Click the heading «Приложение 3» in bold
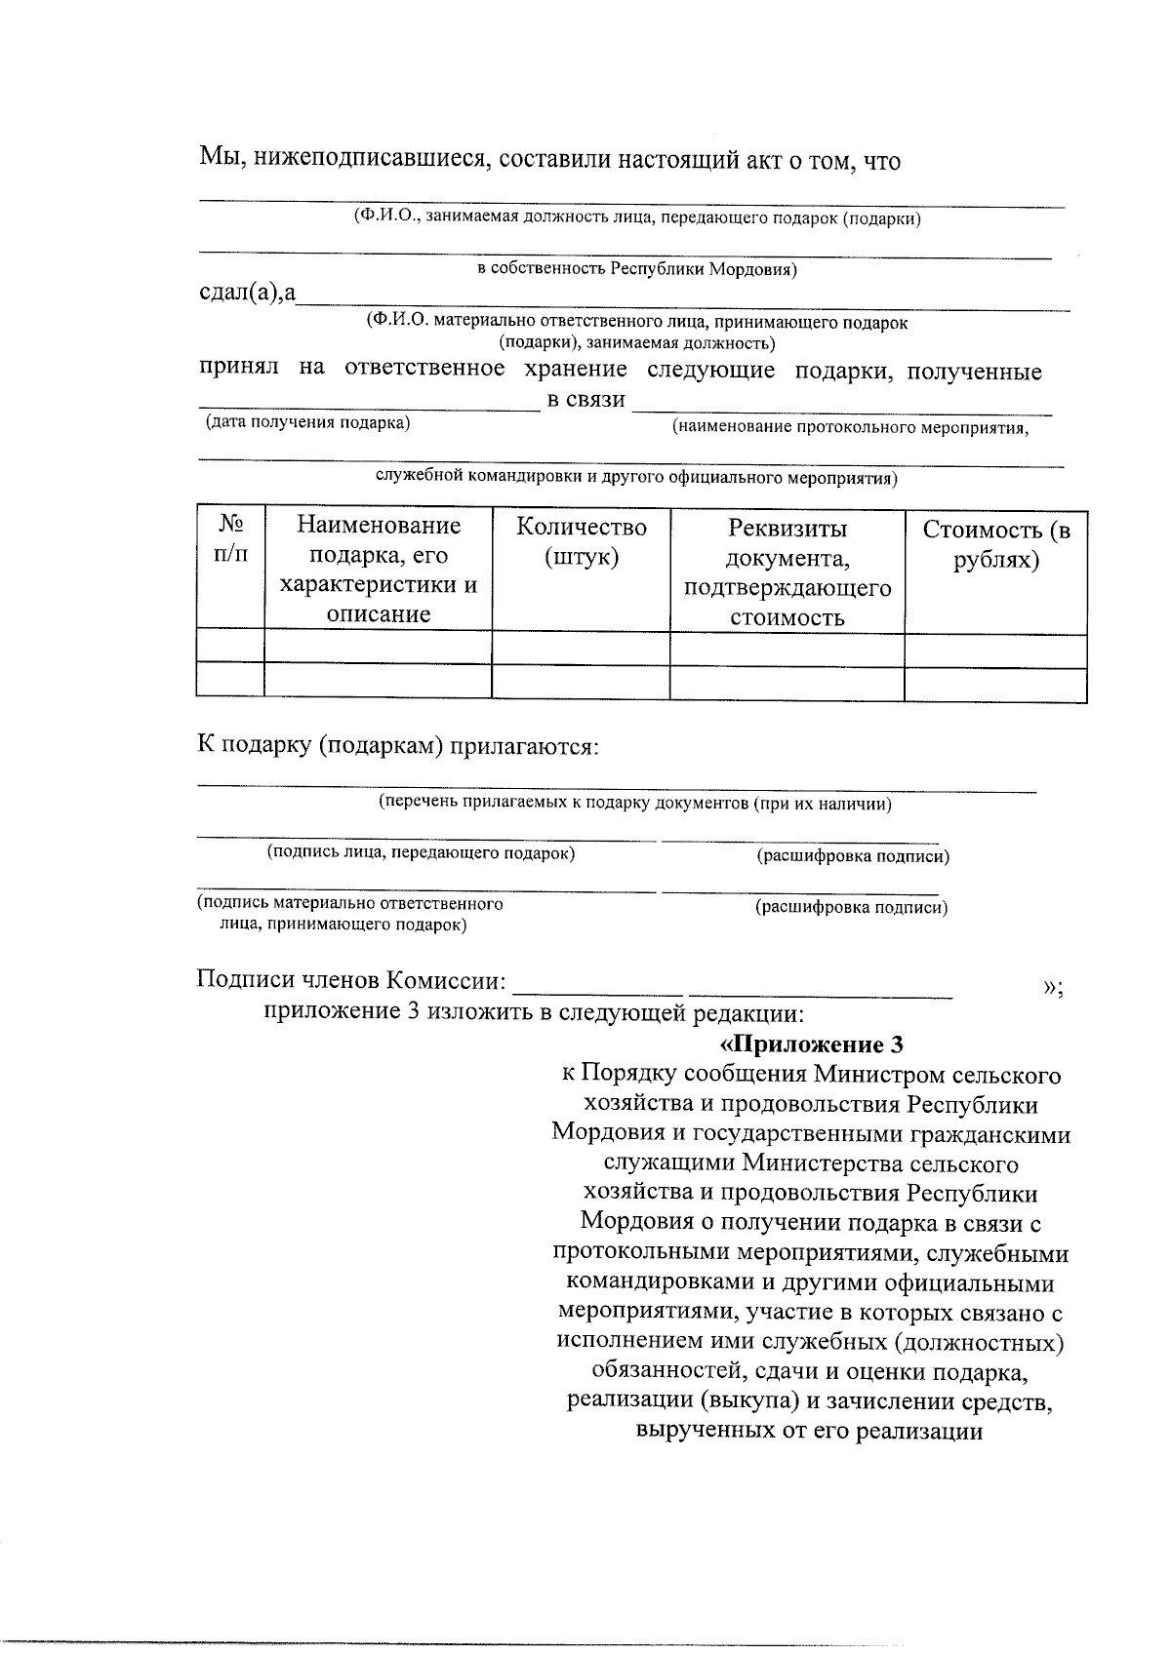(x=811, y=1044)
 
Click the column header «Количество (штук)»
(x=581, y=542)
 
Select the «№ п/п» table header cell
(x=230, y=538)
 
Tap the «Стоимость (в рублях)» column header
(x=995, y=545)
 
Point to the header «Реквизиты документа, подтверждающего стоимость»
(x=787, y=572)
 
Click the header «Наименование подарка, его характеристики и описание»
(x=378, y=570)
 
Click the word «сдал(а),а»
(x=248, y=292)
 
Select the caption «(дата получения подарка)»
(x=306, y=422)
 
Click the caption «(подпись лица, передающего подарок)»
(x=422, y=853)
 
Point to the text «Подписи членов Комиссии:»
(x=351, y=980)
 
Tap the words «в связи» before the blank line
(x=585, y=399)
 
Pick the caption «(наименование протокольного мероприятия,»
(x=850, y=427)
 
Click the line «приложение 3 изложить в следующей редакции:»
(x=534, y=1012)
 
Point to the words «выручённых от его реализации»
(x=808, y=1433)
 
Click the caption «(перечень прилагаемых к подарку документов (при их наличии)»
(x=635, y=804)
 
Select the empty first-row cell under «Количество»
(x=581, y=648)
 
